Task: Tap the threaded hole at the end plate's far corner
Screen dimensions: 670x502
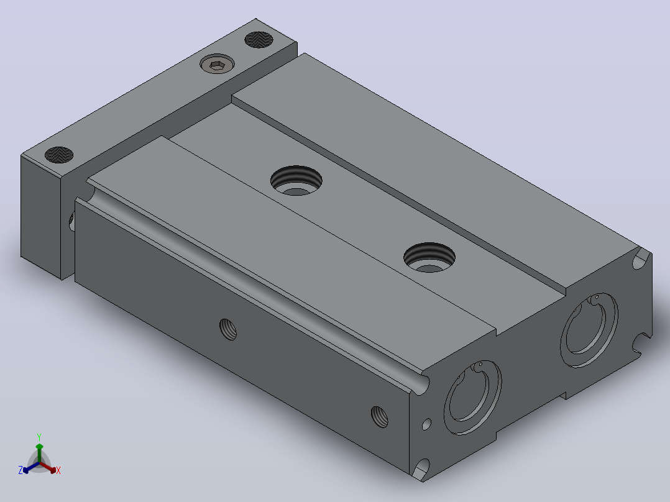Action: pyautogui.click(x=259, y=39)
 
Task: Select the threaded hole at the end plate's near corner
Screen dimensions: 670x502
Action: pyautogui.click(x=59, y=155)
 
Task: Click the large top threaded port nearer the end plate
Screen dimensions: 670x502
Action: pyautogui.click(x=296, y=181)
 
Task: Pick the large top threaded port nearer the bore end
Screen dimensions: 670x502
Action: pyautogui.click(x=429, y=257)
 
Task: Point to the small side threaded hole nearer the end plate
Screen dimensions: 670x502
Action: pyautogui.click(x=228, y=329)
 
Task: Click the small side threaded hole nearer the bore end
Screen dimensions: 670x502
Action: pyautogui.click(x=379, y=417)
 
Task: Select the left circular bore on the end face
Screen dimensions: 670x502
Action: pyautogui.click(x=472, y=398)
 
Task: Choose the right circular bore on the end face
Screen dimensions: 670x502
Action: pyautogui.click(x=589, y=330)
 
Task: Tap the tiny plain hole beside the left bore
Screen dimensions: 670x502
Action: pyautogui.click(x=426, y=424)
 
